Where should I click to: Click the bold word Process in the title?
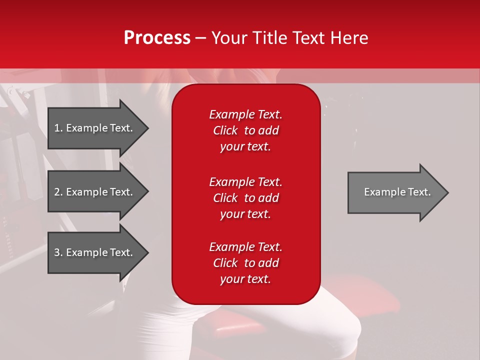click(157, 38)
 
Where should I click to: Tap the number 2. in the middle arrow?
click(58, 192)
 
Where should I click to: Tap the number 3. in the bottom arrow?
click(58, 252)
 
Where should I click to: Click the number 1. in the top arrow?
click(58, 128)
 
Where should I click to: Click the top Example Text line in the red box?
click(245, 114)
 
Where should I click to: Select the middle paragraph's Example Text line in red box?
click(245, 181)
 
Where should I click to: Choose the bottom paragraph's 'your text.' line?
click(245, 279)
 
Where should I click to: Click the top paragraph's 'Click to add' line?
click(245, 130)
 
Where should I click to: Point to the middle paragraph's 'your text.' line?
click(245, 214)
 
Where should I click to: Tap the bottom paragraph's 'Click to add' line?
click(245, 263)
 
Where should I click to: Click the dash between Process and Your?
click(200, 38)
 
